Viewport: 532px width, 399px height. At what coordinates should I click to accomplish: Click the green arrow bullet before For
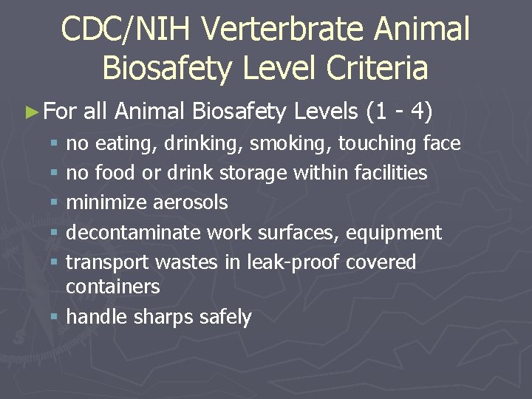click(x=30, y=113)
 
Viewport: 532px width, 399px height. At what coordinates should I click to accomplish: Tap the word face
click(x=440, y=143)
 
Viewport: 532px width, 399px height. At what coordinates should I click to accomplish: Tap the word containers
click(x=113, y=286)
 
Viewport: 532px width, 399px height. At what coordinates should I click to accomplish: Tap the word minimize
click(x=108, y=202)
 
